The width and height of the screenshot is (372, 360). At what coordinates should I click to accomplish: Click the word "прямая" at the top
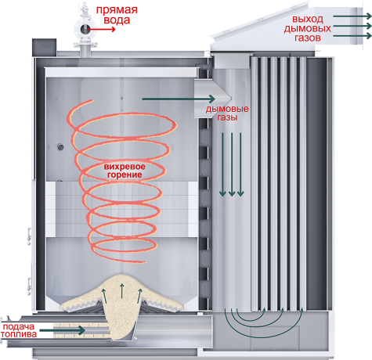[x=117, y=11]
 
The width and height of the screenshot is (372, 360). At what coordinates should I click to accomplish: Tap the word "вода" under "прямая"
[x=117, y=20]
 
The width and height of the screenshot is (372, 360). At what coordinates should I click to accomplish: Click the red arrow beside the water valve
[x=101, y=29]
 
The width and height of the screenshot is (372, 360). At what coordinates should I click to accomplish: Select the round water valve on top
[x=85, y=29]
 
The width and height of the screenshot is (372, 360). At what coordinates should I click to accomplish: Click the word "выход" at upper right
[x=308, y=20]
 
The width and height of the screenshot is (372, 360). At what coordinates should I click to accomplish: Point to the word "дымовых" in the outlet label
[x=307, y=28]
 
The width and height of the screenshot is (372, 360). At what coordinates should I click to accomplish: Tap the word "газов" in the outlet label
[x=308, y=38]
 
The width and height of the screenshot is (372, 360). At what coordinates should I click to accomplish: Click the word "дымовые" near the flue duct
[x=227, y=109]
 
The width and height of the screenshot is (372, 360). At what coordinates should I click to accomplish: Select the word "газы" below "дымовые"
[x=227, y=117]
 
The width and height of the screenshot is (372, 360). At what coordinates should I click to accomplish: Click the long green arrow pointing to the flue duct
[x=179, y=99]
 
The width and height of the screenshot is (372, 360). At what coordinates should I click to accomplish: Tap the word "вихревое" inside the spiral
[x=125, y=167]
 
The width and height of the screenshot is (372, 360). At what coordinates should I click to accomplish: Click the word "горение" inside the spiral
[x=125, y=175]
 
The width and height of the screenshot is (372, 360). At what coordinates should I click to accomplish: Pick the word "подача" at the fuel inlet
[x=19, y=326]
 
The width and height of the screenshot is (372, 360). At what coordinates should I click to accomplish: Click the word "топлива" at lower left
[x=19, y=334]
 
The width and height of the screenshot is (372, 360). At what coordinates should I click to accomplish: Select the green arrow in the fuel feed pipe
[x=62, y=330]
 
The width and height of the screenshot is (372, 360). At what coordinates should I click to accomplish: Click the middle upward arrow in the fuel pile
[x=121, y=291]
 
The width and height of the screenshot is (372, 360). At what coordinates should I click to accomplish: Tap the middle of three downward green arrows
[x=232, y=164]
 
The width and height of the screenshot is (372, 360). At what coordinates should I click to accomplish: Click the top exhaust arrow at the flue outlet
[x=352, y=16]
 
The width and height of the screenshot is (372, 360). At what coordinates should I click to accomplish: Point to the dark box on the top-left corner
[x=44, y=47]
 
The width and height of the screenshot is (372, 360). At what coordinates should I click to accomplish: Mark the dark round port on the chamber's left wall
[x=61, y=147]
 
